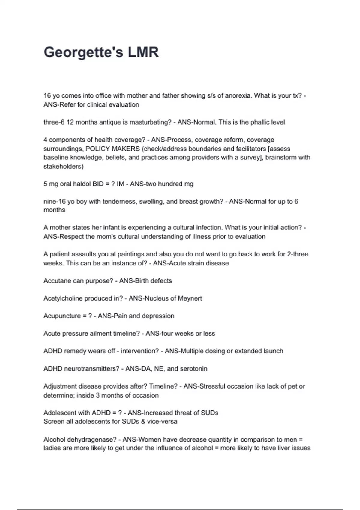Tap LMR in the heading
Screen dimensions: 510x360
point(143,52)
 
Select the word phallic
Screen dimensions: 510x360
point(261,122)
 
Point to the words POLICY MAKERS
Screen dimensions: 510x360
point(112,148)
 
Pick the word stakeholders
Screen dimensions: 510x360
point(63,166)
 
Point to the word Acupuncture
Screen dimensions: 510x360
point(62,316)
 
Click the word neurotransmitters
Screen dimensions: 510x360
point(92,368)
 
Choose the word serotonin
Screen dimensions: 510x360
point(193,368)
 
